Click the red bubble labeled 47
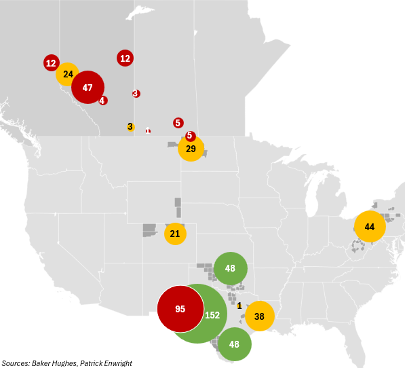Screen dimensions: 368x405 (x=87, y=88)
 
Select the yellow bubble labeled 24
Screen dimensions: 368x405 (x=68, y=74)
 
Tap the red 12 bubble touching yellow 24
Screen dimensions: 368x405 (x=50, y=63)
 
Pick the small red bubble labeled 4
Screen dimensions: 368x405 (x=102, y=100)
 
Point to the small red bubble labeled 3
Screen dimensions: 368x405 (x=136, y=93)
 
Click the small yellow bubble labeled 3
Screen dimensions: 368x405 (x=130, y=127)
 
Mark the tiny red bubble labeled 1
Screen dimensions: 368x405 (x=148, y=131)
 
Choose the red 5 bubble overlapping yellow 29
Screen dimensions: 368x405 (x=190, y=136)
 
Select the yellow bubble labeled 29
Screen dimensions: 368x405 (x=191, y=149)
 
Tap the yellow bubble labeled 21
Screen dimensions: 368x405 (x=175, y=234)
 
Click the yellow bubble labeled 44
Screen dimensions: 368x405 (x=370, y=226)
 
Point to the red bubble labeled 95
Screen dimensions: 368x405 (x=180, y=309)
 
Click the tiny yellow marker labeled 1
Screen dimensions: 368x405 (x=239, y=306)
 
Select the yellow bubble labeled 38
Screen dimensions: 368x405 (x=259, y=316)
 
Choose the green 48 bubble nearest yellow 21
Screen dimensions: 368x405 (x=230, y=268)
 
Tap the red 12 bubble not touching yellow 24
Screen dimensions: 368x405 (x=125, y=58)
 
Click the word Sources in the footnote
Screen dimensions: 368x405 (x=15, y=363)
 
